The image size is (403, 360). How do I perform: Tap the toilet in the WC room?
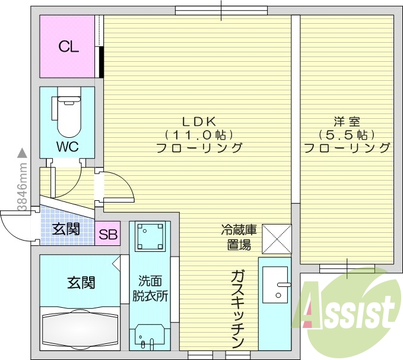[x=67, y=116]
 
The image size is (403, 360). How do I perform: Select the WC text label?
[x=68, y=146]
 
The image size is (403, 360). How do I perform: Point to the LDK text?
[x=198, y=121]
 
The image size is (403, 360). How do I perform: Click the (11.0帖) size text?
[x=198, y=134]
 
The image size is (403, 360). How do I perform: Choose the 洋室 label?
[x=346, y=121]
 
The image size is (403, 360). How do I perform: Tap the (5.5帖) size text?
[x=346, y=134]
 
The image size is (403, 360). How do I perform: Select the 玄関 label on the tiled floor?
[x=65, y=229]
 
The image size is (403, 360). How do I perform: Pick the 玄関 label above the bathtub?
[x=80, y=282]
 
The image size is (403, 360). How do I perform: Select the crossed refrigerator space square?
[x=276, y=237]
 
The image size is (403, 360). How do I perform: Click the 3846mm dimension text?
[x=22, y=187]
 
